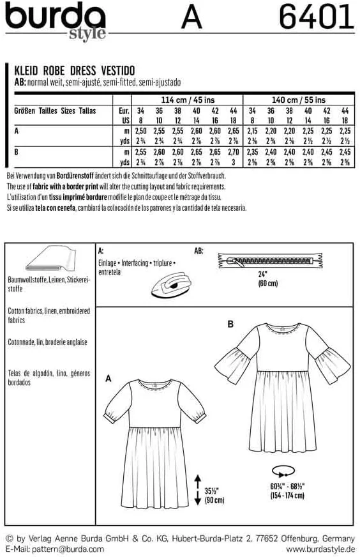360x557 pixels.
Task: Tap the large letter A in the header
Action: pos(192,18)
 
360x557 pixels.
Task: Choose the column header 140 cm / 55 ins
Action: pos(298,100)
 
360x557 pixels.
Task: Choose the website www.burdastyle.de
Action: pos(320,549)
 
